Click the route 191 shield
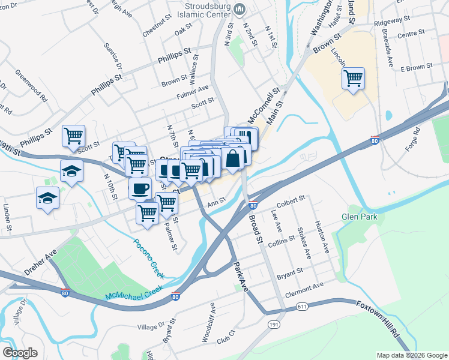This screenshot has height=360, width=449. pyautogui.click(x=274, y=325)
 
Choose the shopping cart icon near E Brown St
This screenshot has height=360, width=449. pyautogui.click(x=353, y=78)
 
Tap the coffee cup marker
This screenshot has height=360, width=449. pyautogui.click(x=140, y=188)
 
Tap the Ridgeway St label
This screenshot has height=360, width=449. pyautogui.click(x=391, y=20)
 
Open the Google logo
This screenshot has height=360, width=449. pyautogui.click(x=20, y=352)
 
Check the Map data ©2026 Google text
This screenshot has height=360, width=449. pyautogui.click(x=411, y=355)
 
